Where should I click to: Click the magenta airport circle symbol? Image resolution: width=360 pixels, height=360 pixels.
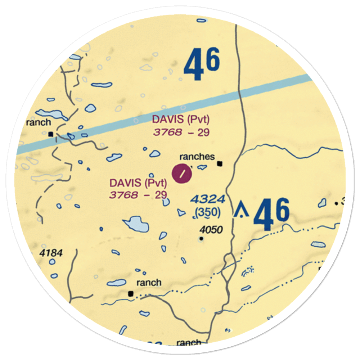(183, 174)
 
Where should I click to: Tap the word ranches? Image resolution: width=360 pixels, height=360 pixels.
(197, 157)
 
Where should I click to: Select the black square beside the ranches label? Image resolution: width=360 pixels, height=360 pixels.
(220, 164)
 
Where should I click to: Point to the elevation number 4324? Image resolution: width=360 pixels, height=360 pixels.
(208, 199)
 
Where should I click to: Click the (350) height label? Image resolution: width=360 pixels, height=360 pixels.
(207, 213)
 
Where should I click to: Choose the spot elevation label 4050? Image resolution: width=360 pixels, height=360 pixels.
(211, 230)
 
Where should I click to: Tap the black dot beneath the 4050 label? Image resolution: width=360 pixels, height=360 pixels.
(201, 238)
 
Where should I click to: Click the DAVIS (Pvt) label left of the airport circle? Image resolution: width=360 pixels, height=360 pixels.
(138, 183)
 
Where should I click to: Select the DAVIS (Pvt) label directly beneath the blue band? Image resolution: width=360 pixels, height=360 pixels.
(181, 119)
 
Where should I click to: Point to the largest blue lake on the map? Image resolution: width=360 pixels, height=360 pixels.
(136, 224)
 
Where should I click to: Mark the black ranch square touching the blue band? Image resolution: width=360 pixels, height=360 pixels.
(51, 134)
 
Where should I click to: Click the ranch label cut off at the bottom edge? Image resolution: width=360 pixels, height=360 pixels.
(189, 342)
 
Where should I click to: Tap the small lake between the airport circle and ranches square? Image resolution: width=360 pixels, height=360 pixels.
(202, 167)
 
